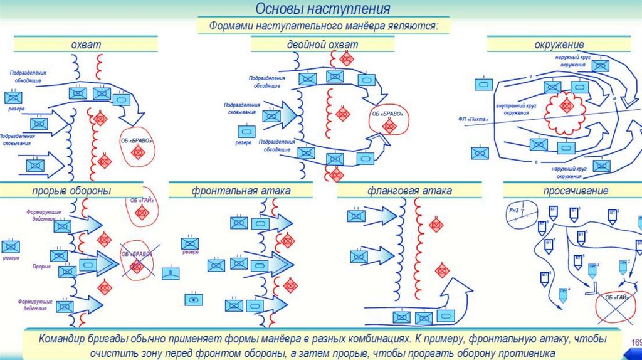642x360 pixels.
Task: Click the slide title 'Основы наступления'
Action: click(322, 9)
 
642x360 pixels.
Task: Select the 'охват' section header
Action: click(85, 44)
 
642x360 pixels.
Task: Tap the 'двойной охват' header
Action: click(322, 44)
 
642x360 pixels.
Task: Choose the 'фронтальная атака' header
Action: click(241, 190)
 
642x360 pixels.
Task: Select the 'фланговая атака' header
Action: click(412, 190)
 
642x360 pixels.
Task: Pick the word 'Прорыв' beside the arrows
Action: click(42, 266)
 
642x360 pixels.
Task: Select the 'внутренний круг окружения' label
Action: click(517, 109)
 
